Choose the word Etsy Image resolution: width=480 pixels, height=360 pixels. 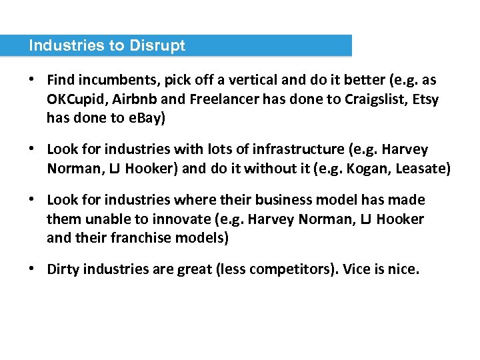click(423, 99)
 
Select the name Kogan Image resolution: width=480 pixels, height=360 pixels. click(367, 169)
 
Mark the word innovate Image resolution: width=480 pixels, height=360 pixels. click(172, 219)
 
